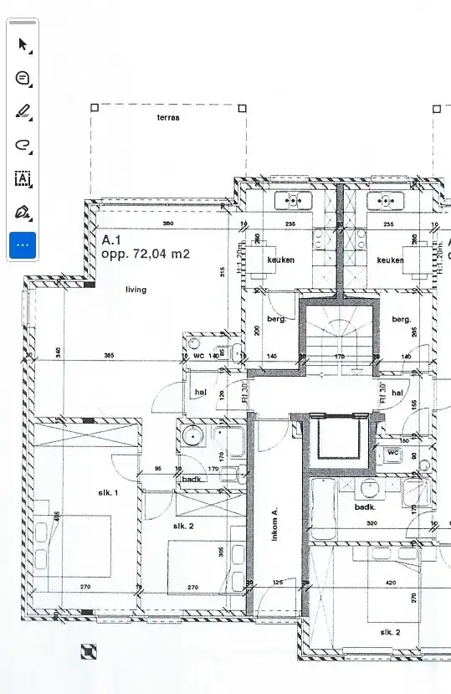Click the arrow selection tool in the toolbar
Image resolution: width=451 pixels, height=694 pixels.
click(23, 44)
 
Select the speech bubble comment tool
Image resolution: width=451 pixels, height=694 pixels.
click(23, 78)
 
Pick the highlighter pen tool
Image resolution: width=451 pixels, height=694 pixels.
click(23, 111)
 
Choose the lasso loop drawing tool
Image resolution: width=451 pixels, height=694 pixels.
click(23, 145)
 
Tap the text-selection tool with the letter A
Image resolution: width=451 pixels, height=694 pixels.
click(23, 178)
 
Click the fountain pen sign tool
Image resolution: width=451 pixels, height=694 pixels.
click(23, 212)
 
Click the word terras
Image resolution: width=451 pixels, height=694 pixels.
click(168, 118)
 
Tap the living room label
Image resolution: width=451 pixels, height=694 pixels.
click(136, 290)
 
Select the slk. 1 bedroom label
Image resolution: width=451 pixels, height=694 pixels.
click(109, 493)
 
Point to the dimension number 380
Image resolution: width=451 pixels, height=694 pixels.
click(167, 224)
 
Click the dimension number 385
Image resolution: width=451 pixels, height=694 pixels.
click(108, 356)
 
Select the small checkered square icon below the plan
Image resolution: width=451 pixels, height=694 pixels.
click(89, 650)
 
